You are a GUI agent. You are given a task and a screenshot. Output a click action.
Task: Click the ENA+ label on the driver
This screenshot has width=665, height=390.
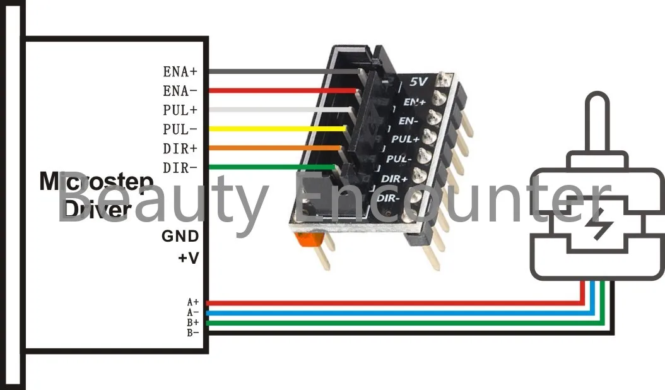pos(180,71)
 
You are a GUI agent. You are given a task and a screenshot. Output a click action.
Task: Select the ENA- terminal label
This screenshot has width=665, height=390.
pos(180,91)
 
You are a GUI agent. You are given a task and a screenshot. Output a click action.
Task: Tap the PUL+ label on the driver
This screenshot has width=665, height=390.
pos(180,110)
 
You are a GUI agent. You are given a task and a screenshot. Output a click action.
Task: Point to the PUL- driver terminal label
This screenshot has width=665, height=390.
pos(180,129)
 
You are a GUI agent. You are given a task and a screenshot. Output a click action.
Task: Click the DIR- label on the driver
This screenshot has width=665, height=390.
pos(180,168)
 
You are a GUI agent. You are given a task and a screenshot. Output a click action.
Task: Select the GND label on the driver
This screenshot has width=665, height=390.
pos(180,236)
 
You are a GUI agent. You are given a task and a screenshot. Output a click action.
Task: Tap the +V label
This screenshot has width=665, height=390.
pos(188,258)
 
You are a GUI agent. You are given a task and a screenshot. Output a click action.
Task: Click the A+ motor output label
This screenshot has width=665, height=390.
pos(192,302)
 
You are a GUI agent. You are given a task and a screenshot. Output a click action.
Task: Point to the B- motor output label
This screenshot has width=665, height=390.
pos(192,332)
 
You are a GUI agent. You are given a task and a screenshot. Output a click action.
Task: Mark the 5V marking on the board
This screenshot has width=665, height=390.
pos(418,82)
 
